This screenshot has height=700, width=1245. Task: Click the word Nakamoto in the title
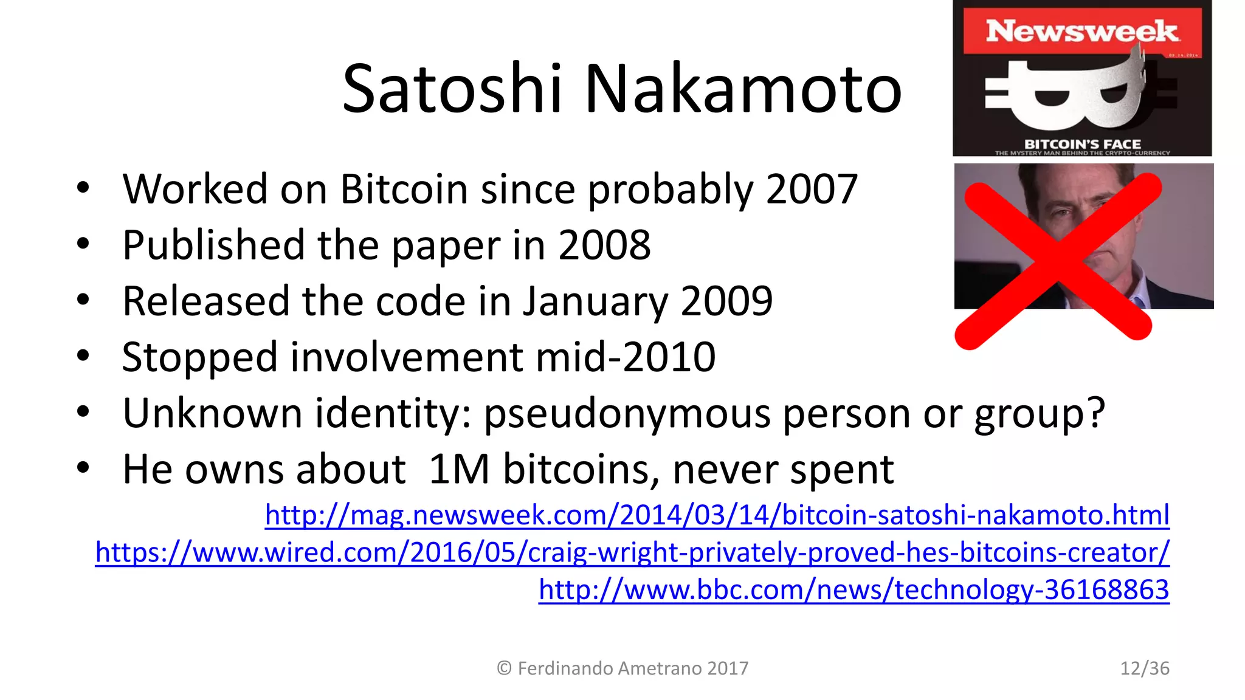(743, 89)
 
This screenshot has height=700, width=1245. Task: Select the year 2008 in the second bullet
(604, 245)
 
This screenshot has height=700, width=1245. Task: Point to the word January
(595, 301)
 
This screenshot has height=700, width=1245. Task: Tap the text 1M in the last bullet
(459, 470)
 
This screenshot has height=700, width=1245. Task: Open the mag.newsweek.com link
(717, 515)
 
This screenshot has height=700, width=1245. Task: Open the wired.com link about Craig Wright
(632, 552)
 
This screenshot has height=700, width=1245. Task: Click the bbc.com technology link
(854, 589)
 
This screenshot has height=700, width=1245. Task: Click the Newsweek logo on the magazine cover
(1082, 31)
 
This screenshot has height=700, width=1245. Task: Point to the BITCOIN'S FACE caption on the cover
(1082, 144)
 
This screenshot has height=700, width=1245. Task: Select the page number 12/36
(1144, 668)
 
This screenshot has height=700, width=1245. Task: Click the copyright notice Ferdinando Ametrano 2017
(623, 668)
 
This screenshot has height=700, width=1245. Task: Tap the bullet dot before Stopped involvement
(83, 355)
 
